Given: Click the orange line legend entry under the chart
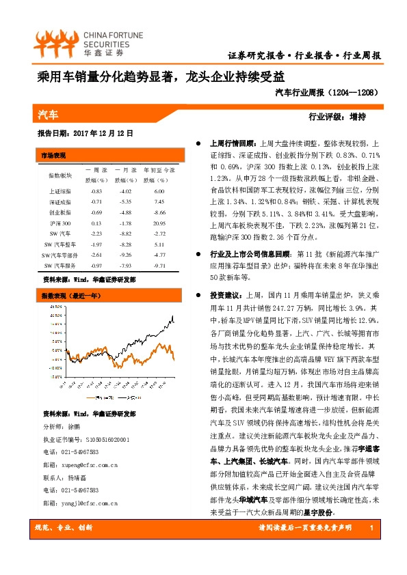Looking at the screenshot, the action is (x=99, y=397).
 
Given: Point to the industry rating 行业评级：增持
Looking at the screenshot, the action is (x=337, y=115).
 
